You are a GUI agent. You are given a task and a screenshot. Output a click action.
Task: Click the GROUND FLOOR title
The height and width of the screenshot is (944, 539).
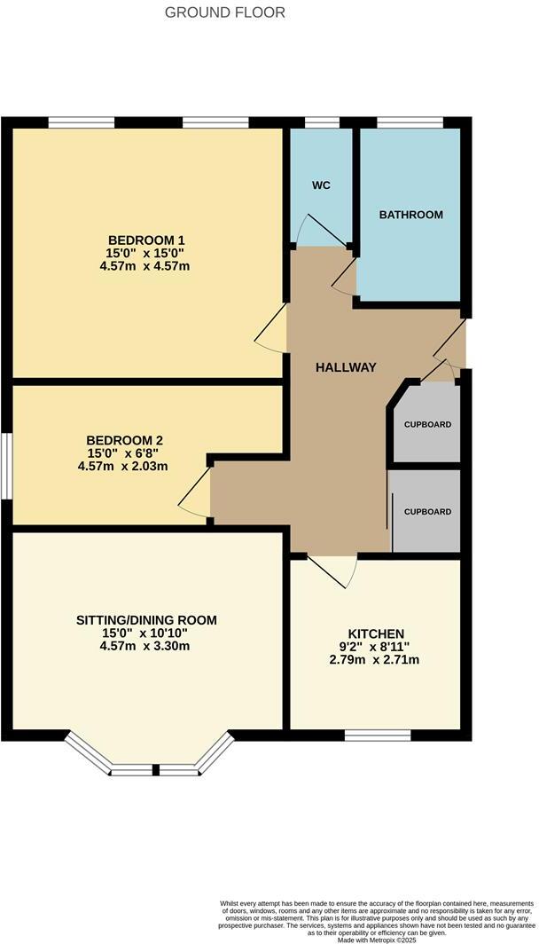225,12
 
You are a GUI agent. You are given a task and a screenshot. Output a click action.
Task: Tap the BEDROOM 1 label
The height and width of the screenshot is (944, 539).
146,240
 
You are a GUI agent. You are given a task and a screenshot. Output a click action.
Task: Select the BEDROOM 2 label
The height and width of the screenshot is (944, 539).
124,440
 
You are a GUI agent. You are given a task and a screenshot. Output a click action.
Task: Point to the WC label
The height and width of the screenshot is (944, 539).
321,187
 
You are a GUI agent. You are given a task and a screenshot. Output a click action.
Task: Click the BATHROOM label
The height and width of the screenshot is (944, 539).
410,215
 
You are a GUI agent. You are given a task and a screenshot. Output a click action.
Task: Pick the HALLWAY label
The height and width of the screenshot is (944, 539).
346,367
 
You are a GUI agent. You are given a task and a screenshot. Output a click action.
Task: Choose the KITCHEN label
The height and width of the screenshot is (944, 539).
376,633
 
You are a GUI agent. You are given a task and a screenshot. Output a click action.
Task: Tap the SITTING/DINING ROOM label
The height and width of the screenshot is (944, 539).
146,620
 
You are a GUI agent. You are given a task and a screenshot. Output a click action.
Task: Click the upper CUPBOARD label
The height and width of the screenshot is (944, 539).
427,425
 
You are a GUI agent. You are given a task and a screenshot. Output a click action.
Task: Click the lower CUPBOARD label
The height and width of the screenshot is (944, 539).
427,512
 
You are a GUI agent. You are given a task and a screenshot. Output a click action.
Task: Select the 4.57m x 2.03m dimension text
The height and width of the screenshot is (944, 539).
122,466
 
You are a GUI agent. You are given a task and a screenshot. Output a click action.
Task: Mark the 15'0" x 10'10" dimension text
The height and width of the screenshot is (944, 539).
146,633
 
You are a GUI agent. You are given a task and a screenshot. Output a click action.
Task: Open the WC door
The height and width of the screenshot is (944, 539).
319,229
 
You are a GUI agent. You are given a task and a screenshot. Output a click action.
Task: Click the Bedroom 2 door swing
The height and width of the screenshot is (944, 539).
197,499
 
